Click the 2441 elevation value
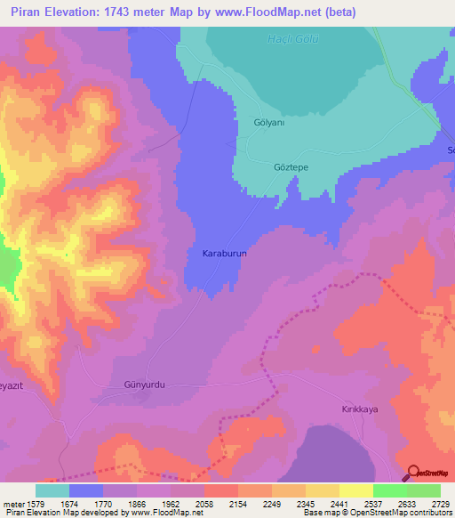click(337, 503)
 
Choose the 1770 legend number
click(104, 503)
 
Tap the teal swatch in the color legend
click(52, 490)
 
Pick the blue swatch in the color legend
click(86, 490)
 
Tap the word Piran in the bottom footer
click(17, 513)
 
